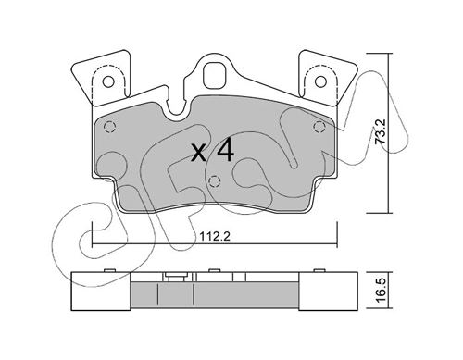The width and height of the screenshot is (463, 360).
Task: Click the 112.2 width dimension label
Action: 215,237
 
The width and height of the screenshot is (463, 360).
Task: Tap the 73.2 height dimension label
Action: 380,131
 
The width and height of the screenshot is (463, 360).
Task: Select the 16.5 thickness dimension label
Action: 381,290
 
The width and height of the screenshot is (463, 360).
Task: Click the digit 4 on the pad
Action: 225,151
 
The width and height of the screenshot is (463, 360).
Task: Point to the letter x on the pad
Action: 199,154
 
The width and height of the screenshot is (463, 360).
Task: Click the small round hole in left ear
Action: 108,81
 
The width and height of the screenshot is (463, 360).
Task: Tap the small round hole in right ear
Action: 320,81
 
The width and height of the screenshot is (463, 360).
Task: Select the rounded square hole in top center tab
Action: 215,76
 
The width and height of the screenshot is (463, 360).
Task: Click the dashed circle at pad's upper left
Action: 109,127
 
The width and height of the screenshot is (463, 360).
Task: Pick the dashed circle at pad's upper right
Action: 319,127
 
